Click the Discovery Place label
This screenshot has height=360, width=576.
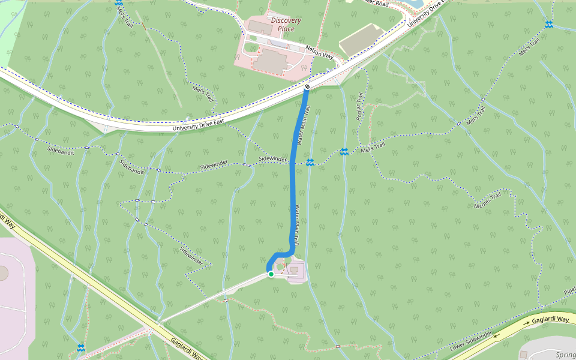point(286,25)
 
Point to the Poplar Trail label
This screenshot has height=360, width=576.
point(361,106)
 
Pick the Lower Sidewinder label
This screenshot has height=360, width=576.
point(471,341)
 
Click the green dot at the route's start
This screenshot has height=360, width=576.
point(271,274)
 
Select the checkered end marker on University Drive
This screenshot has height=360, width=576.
point(307,87)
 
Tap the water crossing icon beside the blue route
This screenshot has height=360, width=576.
point(310,163)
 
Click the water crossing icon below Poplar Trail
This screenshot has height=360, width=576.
point(344,152)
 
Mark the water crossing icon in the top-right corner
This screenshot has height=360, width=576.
point(548,24)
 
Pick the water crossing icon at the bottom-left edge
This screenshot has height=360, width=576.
point(80,347)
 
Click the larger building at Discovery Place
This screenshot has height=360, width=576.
point(271,61)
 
